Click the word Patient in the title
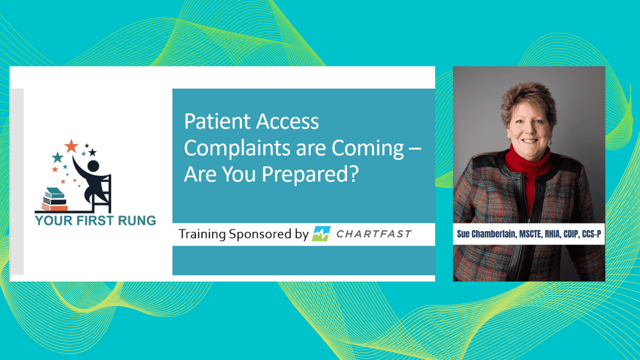tap(217, 121)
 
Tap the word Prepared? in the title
tap(310, 174)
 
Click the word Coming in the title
tap(367, 148)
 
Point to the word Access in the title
tap(287, 121)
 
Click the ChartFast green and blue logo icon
tap(321, 233)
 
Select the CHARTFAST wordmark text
tap(373, 234)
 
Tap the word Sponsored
tap(260, 234)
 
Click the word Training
tap(202, 234)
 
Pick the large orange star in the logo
tap(71, 146)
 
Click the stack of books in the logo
tap(54, 199)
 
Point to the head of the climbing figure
tap(93, 166)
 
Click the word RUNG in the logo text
tap(137, 220)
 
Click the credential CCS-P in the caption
tap(591, 234)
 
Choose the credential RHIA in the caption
tap(552, 234)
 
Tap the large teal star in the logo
tap(57, 157)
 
